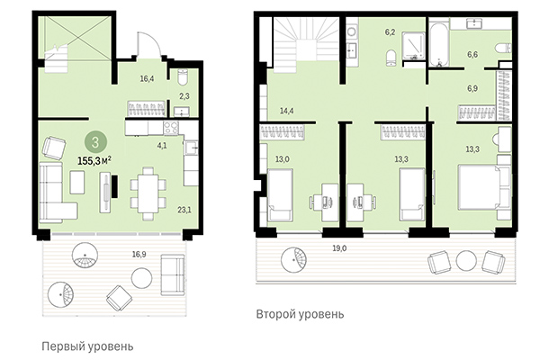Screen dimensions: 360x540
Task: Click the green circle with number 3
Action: pyautogui.click(x=94, y=141)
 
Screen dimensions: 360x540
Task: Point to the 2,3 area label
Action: pyautogui.click(x=183, y=94)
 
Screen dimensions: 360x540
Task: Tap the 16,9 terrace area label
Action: pyautogui.click(x=139, y=255)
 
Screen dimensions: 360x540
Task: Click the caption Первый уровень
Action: pyautogui.click(x=87, y=346)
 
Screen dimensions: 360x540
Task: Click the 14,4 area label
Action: pyautogui.click(x=286, y=111)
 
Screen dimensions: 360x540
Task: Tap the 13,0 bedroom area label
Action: pyautogui.click(x=283, y=159)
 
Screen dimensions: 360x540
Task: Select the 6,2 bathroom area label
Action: pyautogui.click(x=391, y=31)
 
